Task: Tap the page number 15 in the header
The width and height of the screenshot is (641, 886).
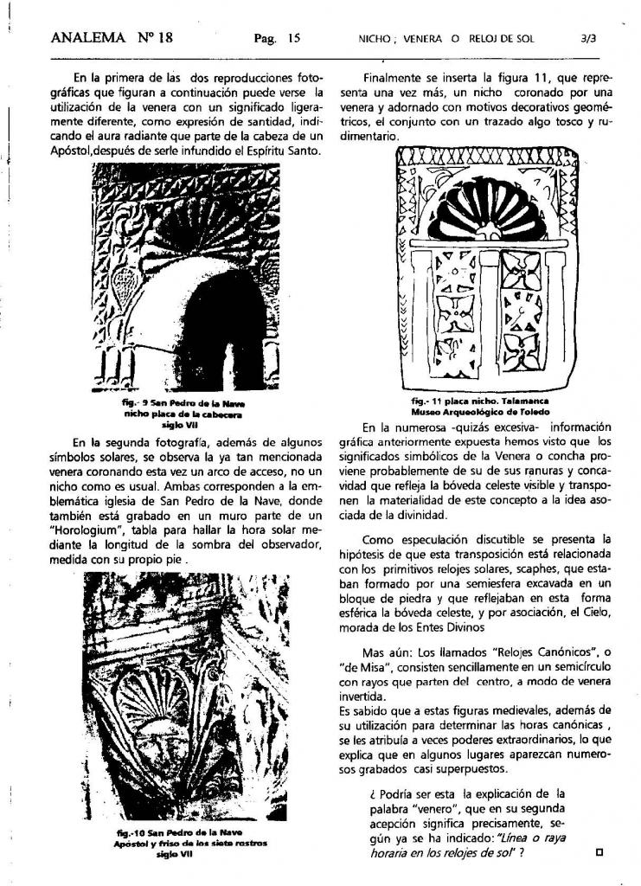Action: [x=294, y=38]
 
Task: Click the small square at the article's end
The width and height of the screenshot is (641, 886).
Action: [x=600, y=851]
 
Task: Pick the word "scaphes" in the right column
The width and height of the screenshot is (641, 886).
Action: [x=535, y=570]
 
